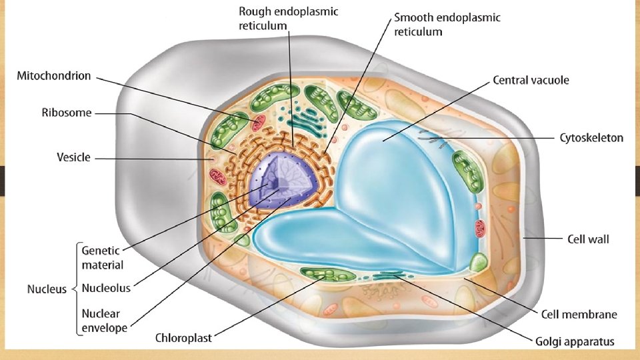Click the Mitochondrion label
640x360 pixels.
point(53,76)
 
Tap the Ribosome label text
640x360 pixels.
point(67,113)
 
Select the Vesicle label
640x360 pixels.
point(73,158)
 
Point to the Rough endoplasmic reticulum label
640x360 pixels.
point(288,19)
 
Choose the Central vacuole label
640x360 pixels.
point(531,81)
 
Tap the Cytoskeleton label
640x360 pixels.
point(591,138)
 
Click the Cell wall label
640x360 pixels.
point(588,238)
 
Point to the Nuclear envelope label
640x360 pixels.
point(104,320)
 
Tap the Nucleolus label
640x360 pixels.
point(105,289)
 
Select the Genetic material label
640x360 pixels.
point(102,258)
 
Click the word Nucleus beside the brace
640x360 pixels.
point(47,289)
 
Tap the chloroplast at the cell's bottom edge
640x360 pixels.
point(327,274)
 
